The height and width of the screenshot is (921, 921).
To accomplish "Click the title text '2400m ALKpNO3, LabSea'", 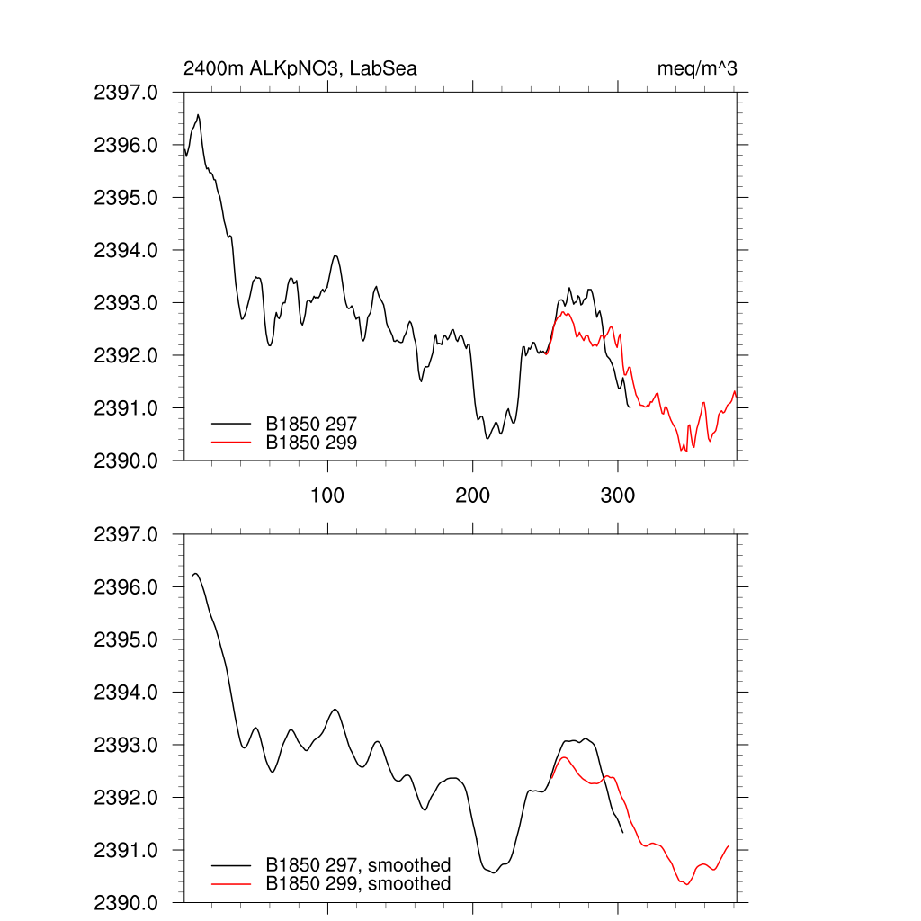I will [300, 68].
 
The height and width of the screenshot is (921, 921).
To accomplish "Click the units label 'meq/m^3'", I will [698, 68].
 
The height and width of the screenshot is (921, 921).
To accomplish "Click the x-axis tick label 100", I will [327, 496].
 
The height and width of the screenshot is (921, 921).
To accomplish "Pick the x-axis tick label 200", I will [472, 496].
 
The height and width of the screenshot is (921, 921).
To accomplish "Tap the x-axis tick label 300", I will [618, 496].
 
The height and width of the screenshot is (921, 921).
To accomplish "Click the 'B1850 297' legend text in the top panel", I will [311, 423].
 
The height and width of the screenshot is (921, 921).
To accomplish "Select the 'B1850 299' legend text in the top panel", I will [311, 442].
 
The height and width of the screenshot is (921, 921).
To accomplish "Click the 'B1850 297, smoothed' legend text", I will [358, 865].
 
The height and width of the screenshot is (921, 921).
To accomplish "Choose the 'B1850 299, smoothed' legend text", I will [358, 884].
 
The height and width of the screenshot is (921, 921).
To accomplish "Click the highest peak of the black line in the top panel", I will [198, 115].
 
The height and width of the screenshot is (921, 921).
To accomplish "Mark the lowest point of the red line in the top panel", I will [685, 450].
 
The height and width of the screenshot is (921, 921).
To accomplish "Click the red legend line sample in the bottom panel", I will [231, 884].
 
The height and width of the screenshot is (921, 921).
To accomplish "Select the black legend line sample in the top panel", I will [231, 423].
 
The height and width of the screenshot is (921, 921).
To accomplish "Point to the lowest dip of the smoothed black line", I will [493, 872].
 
